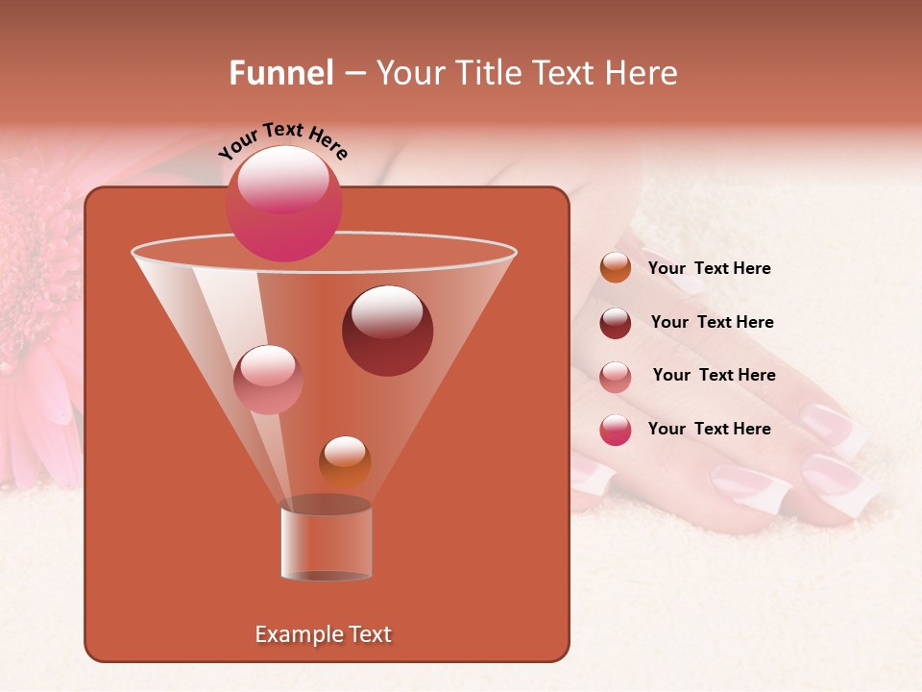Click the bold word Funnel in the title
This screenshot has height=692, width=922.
pyautogui.click(x=280, y=73)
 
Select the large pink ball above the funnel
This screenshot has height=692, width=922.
pyautogui.click(x=284, y=203)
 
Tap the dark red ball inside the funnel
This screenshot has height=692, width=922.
pyautogui.click(x=387, y=330)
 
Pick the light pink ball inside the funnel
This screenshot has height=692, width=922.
pyautogui.click(x=268, y=379)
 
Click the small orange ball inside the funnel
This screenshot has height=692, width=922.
pyautogui.click(x=345, y=460)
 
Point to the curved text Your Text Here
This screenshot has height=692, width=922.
pyautogui.click(x=282, y=140)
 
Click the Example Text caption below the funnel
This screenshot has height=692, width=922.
pyautogui.click(x=323, y=634)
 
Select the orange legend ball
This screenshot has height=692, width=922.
pyautogui.click(x=616, y=267)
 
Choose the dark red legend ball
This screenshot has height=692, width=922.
pyautogui.click(x=616, y=323)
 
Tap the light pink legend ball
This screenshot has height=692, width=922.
pyautogui.click(x=616, y=377)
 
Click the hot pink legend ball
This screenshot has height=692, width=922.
pyautogui.click(x=616, y=430)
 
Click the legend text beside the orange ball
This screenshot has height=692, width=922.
pyautogui.click(x=709, y=268)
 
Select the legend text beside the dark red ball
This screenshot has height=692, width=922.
pyautogui.click(x=712, y=322)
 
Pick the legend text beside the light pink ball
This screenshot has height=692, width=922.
pyautogui.click(x=714, y=375)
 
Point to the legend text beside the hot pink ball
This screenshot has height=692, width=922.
pyautogui.click(x=709, y=429)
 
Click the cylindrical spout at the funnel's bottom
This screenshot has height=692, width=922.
pyautogui.click(x=326, y=541)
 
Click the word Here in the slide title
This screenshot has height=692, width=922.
pyautogui.click(x=641, y=73)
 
